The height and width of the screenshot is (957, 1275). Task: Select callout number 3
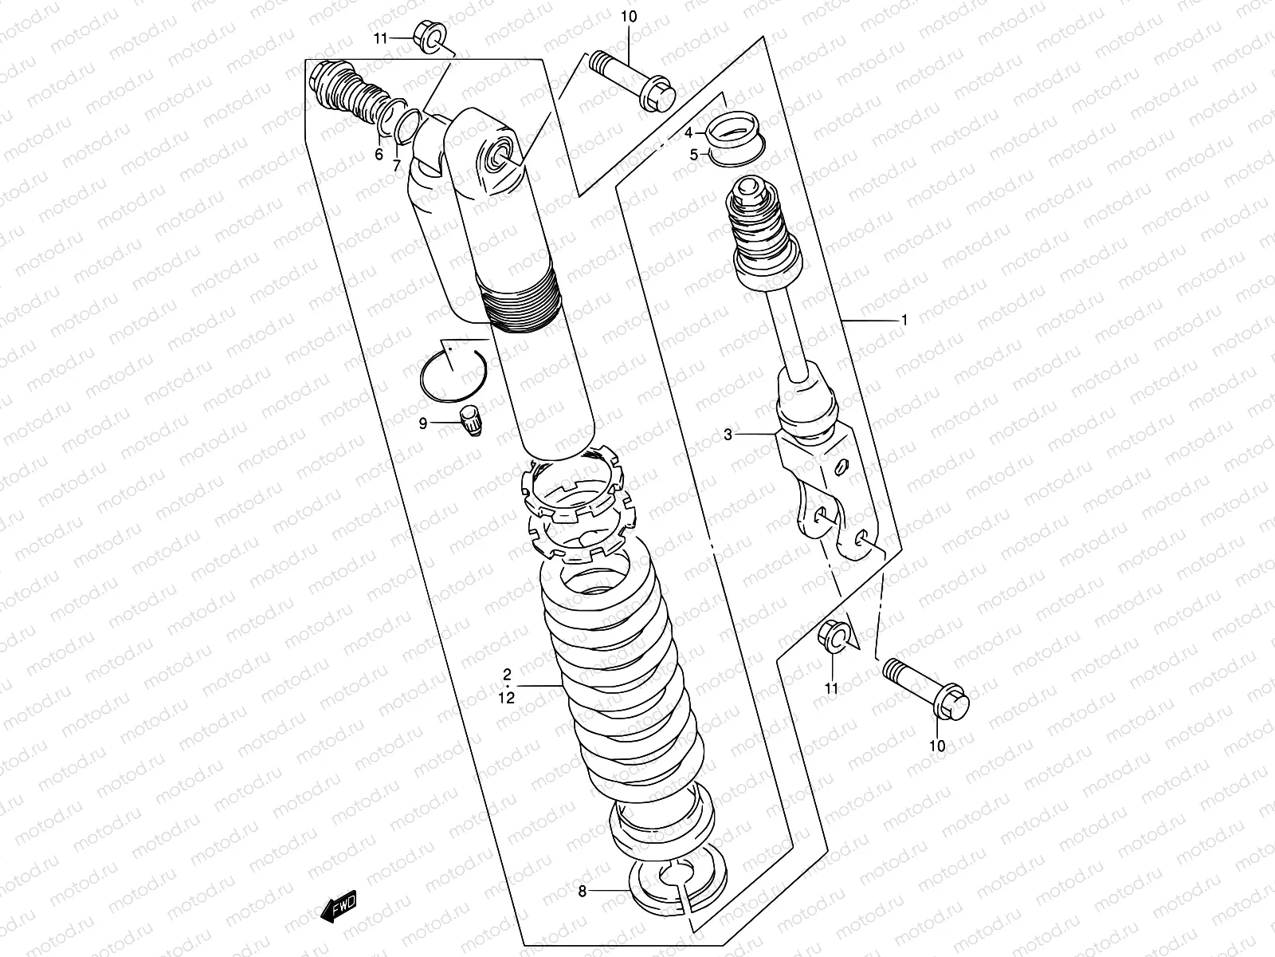click(728, 435)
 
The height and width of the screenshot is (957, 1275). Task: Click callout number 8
click(582, 891)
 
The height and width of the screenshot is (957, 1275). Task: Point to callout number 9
click(423, 424)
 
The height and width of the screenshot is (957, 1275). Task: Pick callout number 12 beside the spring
click(508, 697)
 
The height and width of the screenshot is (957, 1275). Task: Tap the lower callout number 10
click(937, 746)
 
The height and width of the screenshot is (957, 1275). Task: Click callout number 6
click(379, 155)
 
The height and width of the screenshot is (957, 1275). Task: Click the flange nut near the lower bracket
click(834, 636)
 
